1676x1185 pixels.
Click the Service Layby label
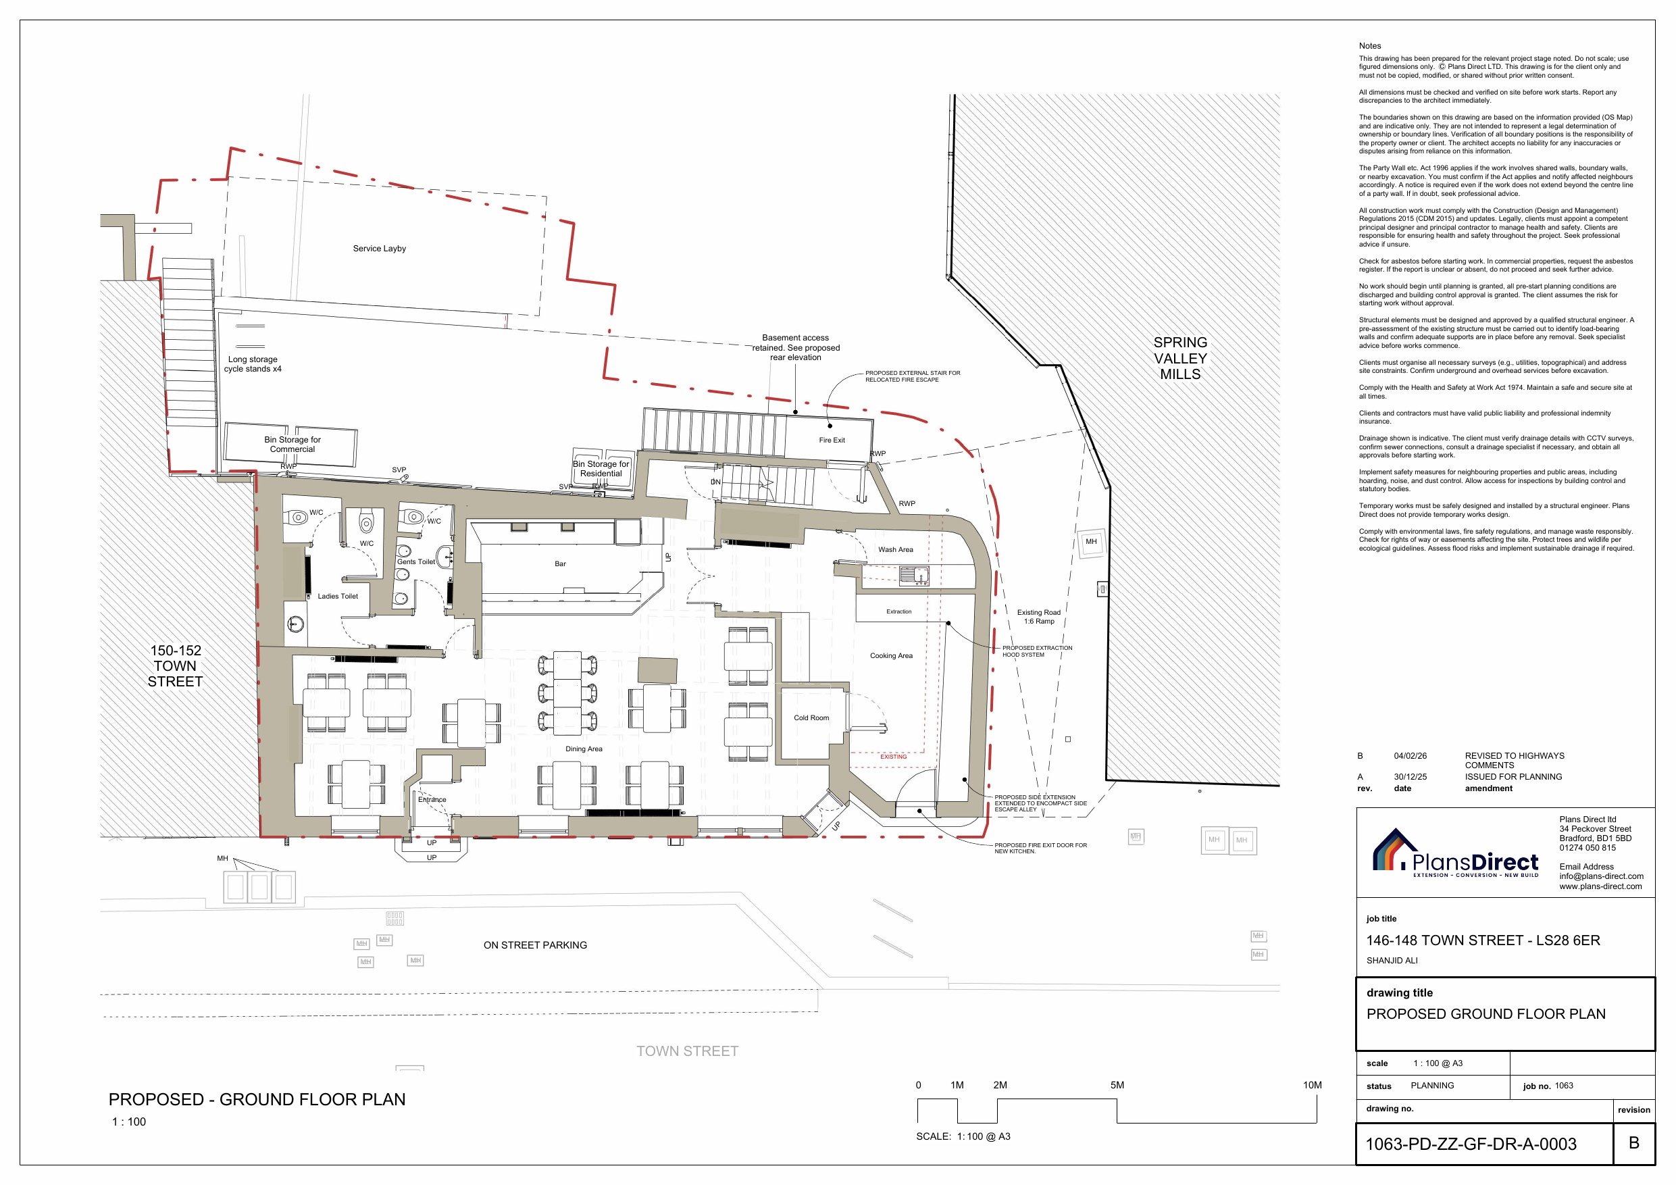(379, 248)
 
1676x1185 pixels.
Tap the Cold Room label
(811, 717)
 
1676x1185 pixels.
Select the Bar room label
(560, 563)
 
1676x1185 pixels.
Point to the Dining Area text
(584, 749)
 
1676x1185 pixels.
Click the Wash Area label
(896, 550)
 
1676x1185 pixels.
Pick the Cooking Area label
(891, 655)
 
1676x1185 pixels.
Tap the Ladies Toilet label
(338, 597)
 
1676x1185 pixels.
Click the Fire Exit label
(832, 440)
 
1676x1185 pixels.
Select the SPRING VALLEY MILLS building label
(1180, 359)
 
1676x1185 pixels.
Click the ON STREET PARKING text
(535, 944)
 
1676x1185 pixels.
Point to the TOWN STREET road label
(687, 1051)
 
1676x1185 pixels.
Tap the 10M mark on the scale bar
(1313, 1085)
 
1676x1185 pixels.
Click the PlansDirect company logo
(1456, 853)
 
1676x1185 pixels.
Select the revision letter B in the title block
(1633, 1142)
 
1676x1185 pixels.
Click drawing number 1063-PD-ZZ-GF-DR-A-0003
(1471, 1144)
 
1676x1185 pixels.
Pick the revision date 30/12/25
(1411, 777)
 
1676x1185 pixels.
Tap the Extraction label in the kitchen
(898, 612)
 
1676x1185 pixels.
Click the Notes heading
(1370, 46)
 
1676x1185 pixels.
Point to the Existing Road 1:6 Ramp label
(1039, 617)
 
